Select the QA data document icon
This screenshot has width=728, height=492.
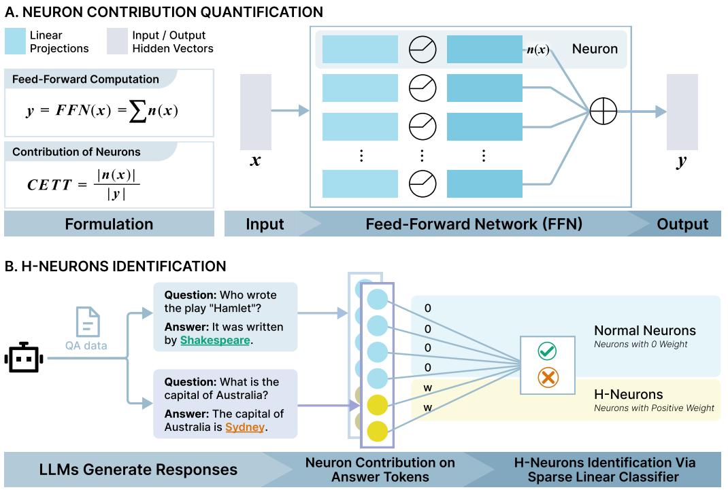coord(88,322)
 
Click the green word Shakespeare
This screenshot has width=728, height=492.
coord(215,340)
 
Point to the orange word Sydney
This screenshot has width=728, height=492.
coord(245,427)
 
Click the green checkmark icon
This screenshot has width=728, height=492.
coord(547,351)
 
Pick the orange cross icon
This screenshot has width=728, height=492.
coord(547,378)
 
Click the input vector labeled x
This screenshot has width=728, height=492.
coord(256,111)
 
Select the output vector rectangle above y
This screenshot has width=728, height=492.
coord(682,111)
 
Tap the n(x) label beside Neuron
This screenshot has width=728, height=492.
coord(537,50)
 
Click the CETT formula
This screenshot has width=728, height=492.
coord(83,184)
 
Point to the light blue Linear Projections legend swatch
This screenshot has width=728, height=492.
coord(15,41)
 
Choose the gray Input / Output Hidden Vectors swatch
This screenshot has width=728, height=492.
coord(117,41)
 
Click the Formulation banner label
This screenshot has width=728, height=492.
coord(109,224)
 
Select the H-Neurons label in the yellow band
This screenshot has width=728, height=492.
coord(628,394)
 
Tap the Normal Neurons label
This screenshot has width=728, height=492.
coord(645,331)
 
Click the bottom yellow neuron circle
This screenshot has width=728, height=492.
coord(377,432)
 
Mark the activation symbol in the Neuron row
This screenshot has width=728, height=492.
coord(422,50)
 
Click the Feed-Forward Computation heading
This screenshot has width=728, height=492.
coord(86,79)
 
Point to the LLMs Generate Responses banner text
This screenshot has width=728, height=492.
coord(138,469)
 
